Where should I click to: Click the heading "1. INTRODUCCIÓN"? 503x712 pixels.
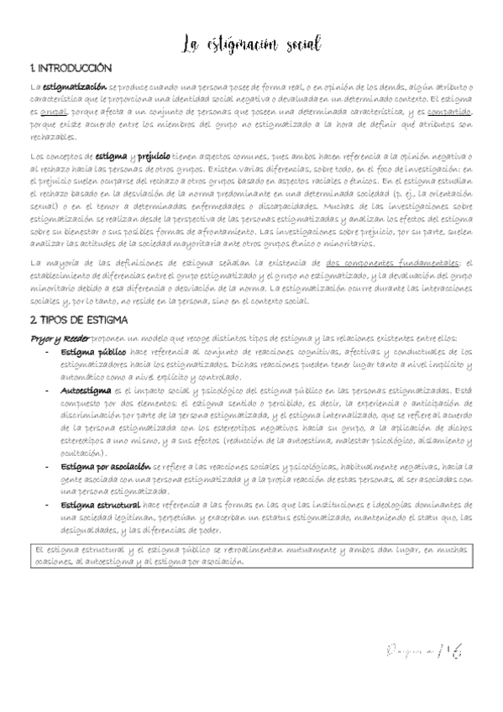tap(70, 68)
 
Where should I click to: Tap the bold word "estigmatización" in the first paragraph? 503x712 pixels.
tap(75, 86)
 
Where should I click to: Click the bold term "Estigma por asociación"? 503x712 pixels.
tap(106, 465)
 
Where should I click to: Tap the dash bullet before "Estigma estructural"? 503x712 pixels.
tap(47, 505)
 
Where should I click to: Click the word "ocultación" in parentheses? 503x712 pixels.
tap(82, 453)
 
